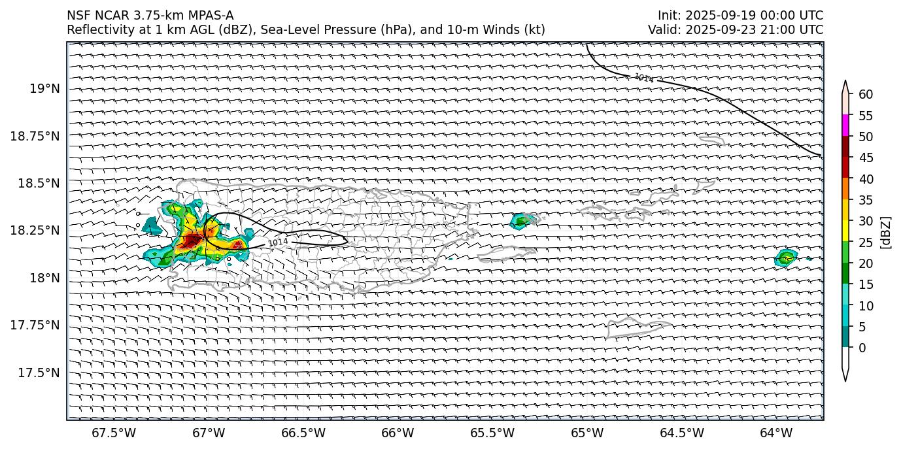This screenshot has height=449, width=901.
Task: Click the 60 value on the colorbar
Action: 866,95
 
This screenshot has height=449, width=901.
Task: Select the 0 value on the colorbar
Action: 862,348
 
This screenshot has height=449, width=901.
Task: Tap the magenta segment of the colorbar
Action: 845,125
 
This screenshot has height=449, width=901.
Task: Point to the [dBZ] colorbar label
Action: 886,232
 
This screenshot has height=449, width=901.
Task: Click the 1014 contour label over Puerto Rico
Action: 278,242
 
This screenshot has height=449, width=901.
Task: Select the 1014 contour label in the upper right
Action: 643,78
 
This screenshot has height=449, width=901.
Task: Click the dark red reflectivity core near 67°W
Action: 192,241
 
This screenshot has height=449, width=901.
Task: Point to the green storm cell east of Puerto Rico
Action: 521,221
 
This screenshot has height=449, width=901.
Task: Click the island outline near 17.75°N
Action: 629,325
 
